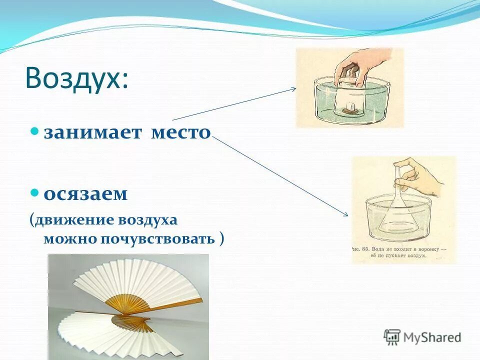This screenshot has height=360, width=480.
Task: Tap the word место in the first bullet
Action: coord(181,132)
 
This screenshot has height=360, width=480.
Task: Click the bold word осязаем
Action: coord(85,194)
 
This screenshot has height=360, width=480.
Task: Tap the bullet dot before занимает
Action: coord(34,131)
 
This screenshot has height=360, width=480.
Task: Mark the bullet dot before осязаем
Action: coord(34,192)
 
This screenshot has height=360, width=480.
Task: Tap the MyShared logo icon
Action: coord(392,337)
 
